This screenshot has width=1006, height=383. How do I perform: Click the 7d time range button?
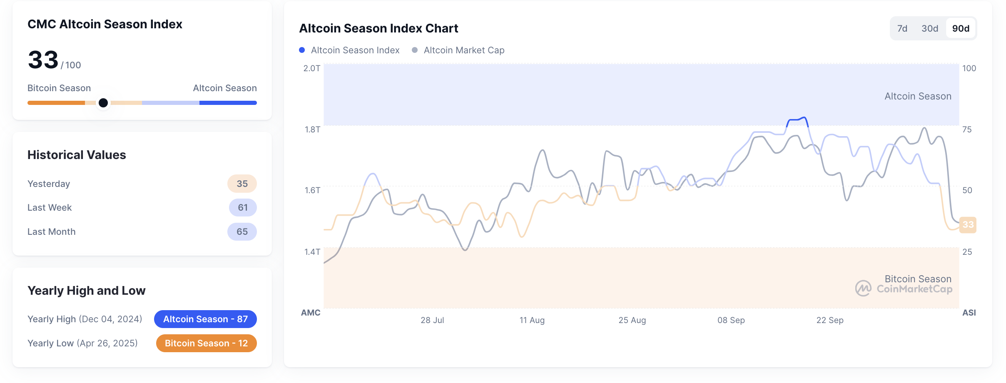(x=902, y=28)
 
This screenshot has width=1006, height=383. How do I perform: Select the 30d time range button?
(x=929, y=28)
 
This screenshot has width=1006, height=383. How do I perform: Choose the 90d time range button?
(x=961, y=28)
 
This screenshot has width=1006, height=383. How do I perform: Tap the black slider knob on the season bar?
(x=103, y=103)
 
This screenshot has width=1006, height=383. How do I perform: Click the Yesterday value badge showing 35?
(x=242, y=184)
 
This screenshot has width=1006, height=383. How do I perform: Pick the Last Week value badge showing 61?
(x=242, y=207)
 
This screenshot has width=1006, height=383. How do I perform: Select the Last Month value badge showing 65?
(x=242, y=231)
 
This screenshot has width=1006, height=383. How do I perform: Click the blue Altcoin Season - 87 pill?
(x=205, y=319)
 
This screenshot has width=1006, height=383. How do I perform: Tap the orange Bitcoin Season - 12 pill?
(x=206, y=343)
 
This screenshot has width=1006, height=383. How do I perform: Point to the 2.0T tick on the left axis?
(x=311, y=68)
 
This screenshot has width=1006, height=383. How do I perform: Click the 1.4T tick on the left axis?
(x=312, y=251)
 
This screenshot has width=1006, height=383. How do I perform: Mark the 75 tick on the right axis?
(x=967, y=129)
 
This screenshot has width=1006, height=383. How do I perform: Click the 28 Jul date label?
(x=432, y=320)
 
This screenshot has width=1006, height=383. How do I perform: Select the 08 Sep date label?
(x=731, y=320)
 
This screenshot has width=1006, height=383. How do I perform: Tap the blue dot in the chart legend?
(x=302, y=50)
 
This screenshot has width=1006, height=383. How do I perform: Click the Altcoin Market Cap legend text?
(x=464, y=50)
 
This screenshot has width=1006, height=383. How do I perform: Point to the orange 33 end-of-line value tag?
(x=968, y=225)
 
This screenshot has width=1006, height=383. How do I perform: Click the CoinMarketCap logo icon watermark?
(x=863, y=288)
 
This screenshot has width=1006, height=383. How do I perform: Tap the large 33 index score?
(x=43, y=60)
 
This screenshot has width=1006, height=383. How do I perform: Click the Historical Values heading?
(x=77, y=155)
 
